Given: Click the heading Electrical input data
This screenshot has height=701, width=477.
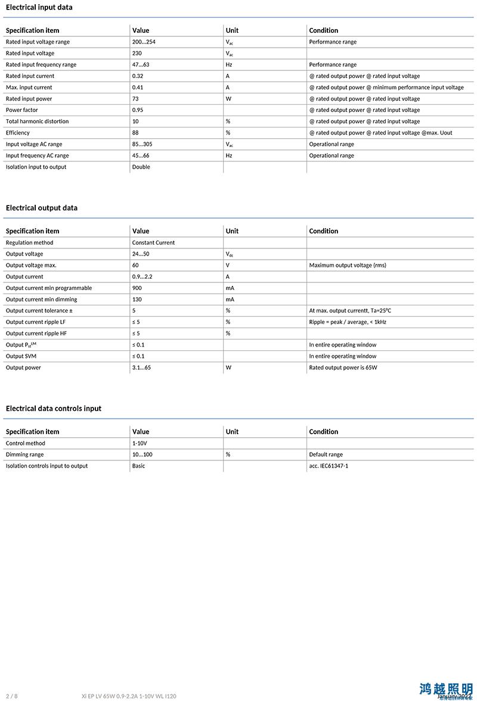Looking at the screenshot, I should (x=39, y=7).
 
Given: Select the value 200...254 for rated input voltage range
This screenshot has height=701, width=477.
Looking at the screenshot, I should (x=143, y=42).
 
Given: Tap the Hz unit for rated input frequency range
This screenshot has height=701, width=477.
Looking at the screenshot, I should (x=229, y=65).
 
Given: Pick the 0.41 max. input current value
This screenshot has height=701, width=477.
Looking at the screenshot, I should (x=138, y=88).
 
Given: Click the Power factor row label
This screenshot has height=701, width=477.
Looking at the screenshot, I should (x=22, y=110).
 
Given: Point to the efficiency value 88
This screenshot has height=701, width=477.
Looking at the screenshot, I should (x=135, y=133).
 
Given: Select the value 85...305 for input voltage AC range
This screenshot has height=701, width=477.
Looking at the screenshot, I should (x=143, y=144).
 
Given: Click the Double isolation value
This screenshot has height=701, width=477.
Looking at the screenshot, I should (x=141, y=167).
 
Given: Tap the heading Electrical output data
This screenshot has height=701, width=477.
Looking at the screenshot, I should (x=42, y=208).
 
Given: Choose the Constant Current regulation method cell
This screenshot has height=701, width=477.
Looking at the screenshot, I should (x=153, y=243).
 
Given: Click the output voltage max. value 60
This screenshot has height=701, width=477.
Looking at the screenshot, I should (x=135, y=266).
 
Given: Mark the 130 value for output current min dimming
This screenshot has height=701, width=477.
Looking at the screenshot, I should (x=137, y=300).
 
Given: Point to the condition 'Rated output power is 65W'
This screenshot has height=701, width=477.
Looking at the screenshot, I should (x=343, y=367).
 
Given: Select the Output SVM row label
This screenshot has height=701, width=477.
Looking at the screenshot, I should (x=21, y=356).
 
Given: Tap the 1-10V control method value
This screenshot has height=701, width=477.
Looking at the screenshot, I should (x=139, y=444).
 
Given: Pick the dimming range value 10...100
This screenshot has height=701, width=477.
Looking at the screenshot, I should (x=142, y=455).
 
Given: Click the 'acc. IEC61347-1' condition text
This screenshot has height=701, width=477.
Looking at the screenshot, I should (x=329, y=466).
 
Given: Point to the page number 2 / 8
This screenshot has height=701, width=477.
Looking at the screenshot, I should (x=11, y=696).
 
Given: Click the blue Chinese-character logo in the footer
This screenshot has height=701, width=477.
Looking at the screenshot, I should (x=445, y=690).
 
